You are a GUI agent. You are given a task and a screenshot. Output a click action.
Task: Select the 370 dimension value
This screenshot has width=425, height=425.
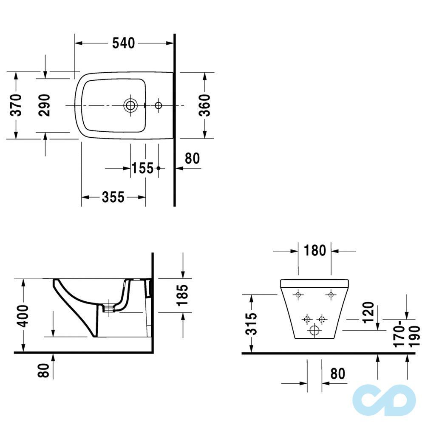click(16, 105)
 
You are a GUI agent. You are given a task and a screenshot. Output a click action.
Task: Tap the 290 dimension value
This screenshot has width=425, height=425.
click(45, 105)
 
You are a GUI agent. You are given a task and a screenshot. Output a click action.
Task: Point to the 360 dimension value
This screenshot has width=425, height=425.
click(205, 105)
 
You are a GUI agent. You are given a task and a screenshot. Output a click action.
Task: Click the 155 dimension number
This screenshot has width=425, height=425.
click(142, 168)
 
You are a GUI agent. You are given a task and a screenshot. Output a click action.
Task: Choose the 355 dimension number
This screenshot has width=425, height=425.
click(113, 197)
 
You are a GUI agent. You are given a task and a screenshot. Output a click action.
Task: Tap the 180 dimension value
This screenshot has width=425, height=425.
click(314, 251)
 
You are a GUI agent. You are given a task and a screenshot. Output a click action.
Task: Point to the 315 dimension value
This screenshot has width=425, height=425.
click(252, 324)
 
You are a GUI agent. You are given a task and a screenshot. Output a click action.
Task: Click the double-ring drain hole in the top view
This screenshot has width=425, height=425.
click(130, 105)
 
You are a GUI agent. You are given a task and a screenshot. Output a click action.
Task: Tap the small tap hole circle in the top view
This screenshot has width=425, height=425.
click(159, 105)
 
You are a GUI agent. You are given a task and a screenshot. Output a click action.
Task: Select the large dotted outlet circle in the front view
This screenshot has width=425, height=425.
click(314, 331)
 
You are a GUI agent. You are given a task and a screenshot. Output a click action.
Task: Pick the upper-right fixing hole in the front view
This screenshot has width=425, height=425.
click(331, 294)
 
